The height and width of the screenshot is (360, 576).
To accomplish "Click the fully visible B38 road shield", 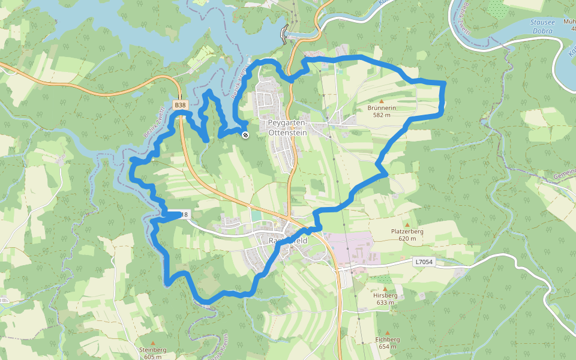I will click(180, 106).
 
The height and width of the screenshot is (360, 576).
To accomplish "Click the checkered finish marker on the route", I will click(245, 135).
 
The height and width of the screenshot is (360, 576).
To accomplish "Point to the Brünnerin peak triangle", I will click(382, 101).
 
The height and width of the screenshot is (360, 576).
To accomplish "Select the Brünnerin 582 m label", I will click(382, 111).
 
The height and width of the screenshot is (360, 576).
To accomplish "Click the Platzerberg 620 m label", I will click(407, 235).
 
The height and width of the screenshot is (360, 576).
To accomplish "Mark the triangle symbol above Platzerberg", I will click(407, 224).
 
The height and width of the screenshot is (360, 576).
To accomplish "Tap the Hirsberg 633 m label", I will click(385, 299).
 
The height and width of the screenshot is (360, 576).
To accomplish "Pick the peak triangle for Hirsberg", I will click(385, 289).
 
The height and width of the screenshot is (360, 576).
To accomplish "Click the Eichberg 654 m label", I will click(388, 343).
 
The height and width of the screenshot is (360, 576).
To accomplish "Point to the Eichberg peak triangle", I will click(388, 332).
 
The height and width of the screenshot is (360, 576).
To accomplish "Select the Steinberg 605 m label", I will click(152, 353).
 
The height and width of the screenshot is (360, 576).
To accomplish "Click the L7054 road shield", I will click(422, 262).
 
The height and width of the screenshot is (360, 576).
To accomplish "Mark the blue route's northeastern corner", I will click(444, 82).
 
